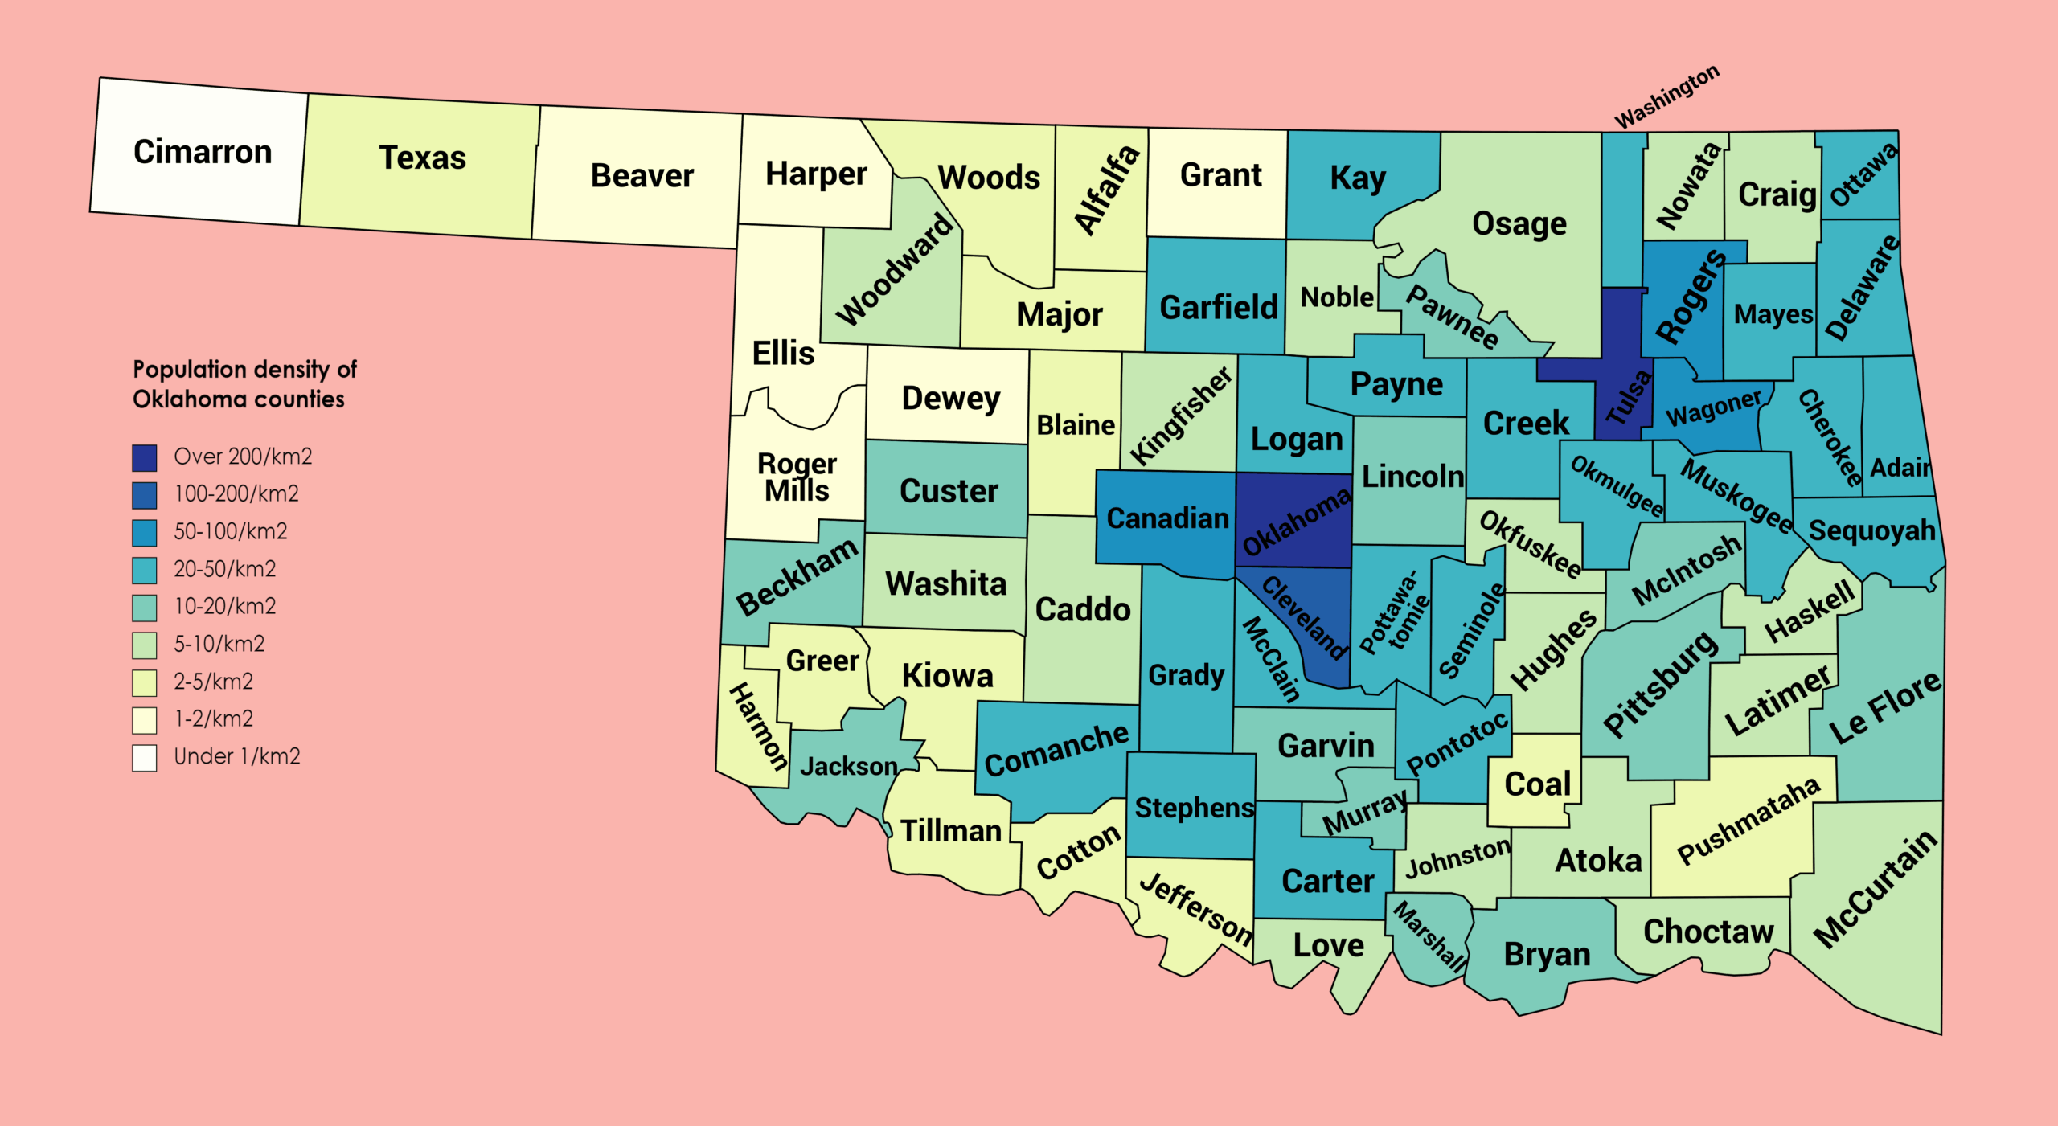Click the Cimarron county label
203,152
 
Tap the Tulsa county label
1629,397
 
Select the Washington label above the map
1666,96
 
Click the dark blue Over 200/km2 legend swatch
145,457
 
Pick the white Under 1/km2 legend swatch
145,757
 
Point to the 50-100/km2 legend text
230,531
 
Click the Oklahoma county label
1296,522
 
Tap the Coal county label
1537,784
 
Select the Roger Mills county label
797,477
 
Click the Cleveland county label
1304,617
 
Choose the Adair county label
1900,467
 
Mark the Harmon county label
758,727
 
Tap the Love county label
1328,945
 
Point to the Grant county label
1220,174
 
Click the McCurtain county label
1876,889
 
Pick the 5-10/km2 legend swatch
145,645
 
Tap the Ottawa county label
1863,174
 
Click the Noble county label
1337,297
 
